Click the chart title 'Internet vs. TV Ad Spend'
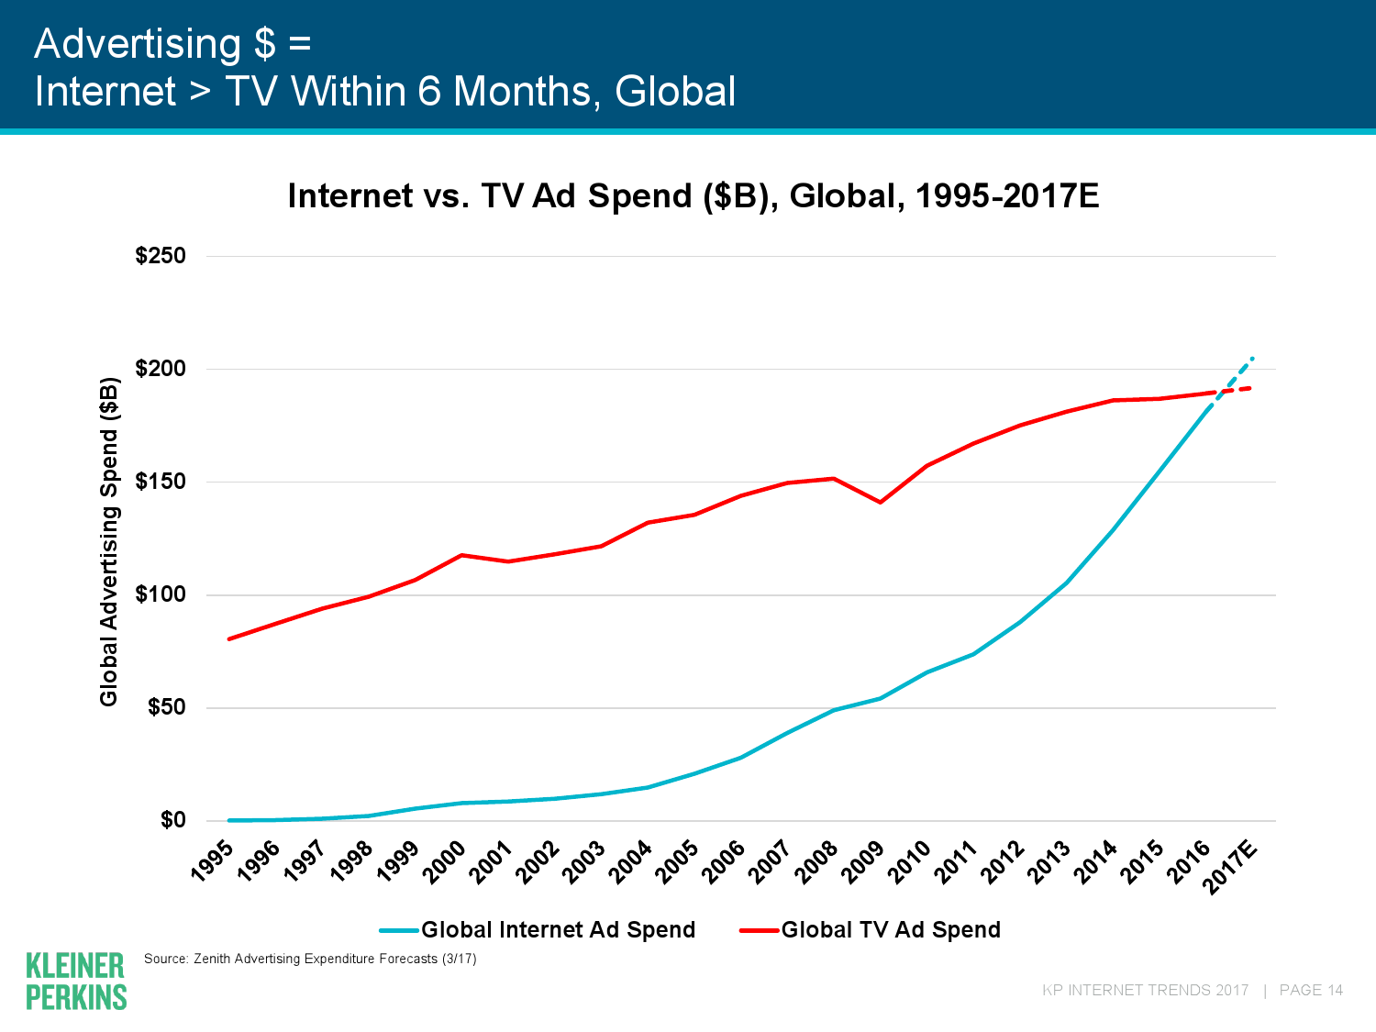693,196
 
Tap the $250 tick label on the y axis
161,256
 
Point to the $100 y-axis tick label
161,594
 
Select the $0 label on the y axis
172,820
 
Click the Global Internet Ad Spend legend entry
557,930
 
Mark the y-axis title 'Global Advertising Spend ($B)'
109,541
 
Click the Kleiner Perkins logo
76,981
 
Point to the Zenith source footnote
310,960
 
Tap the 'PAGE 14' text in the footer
1311,991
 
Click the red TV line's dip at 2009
880,502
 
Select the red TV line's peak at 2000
461,555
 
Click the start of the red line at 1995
228,638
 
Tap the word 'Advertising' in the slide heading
138,43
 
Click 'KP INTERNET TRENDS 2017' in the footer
1145,991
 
